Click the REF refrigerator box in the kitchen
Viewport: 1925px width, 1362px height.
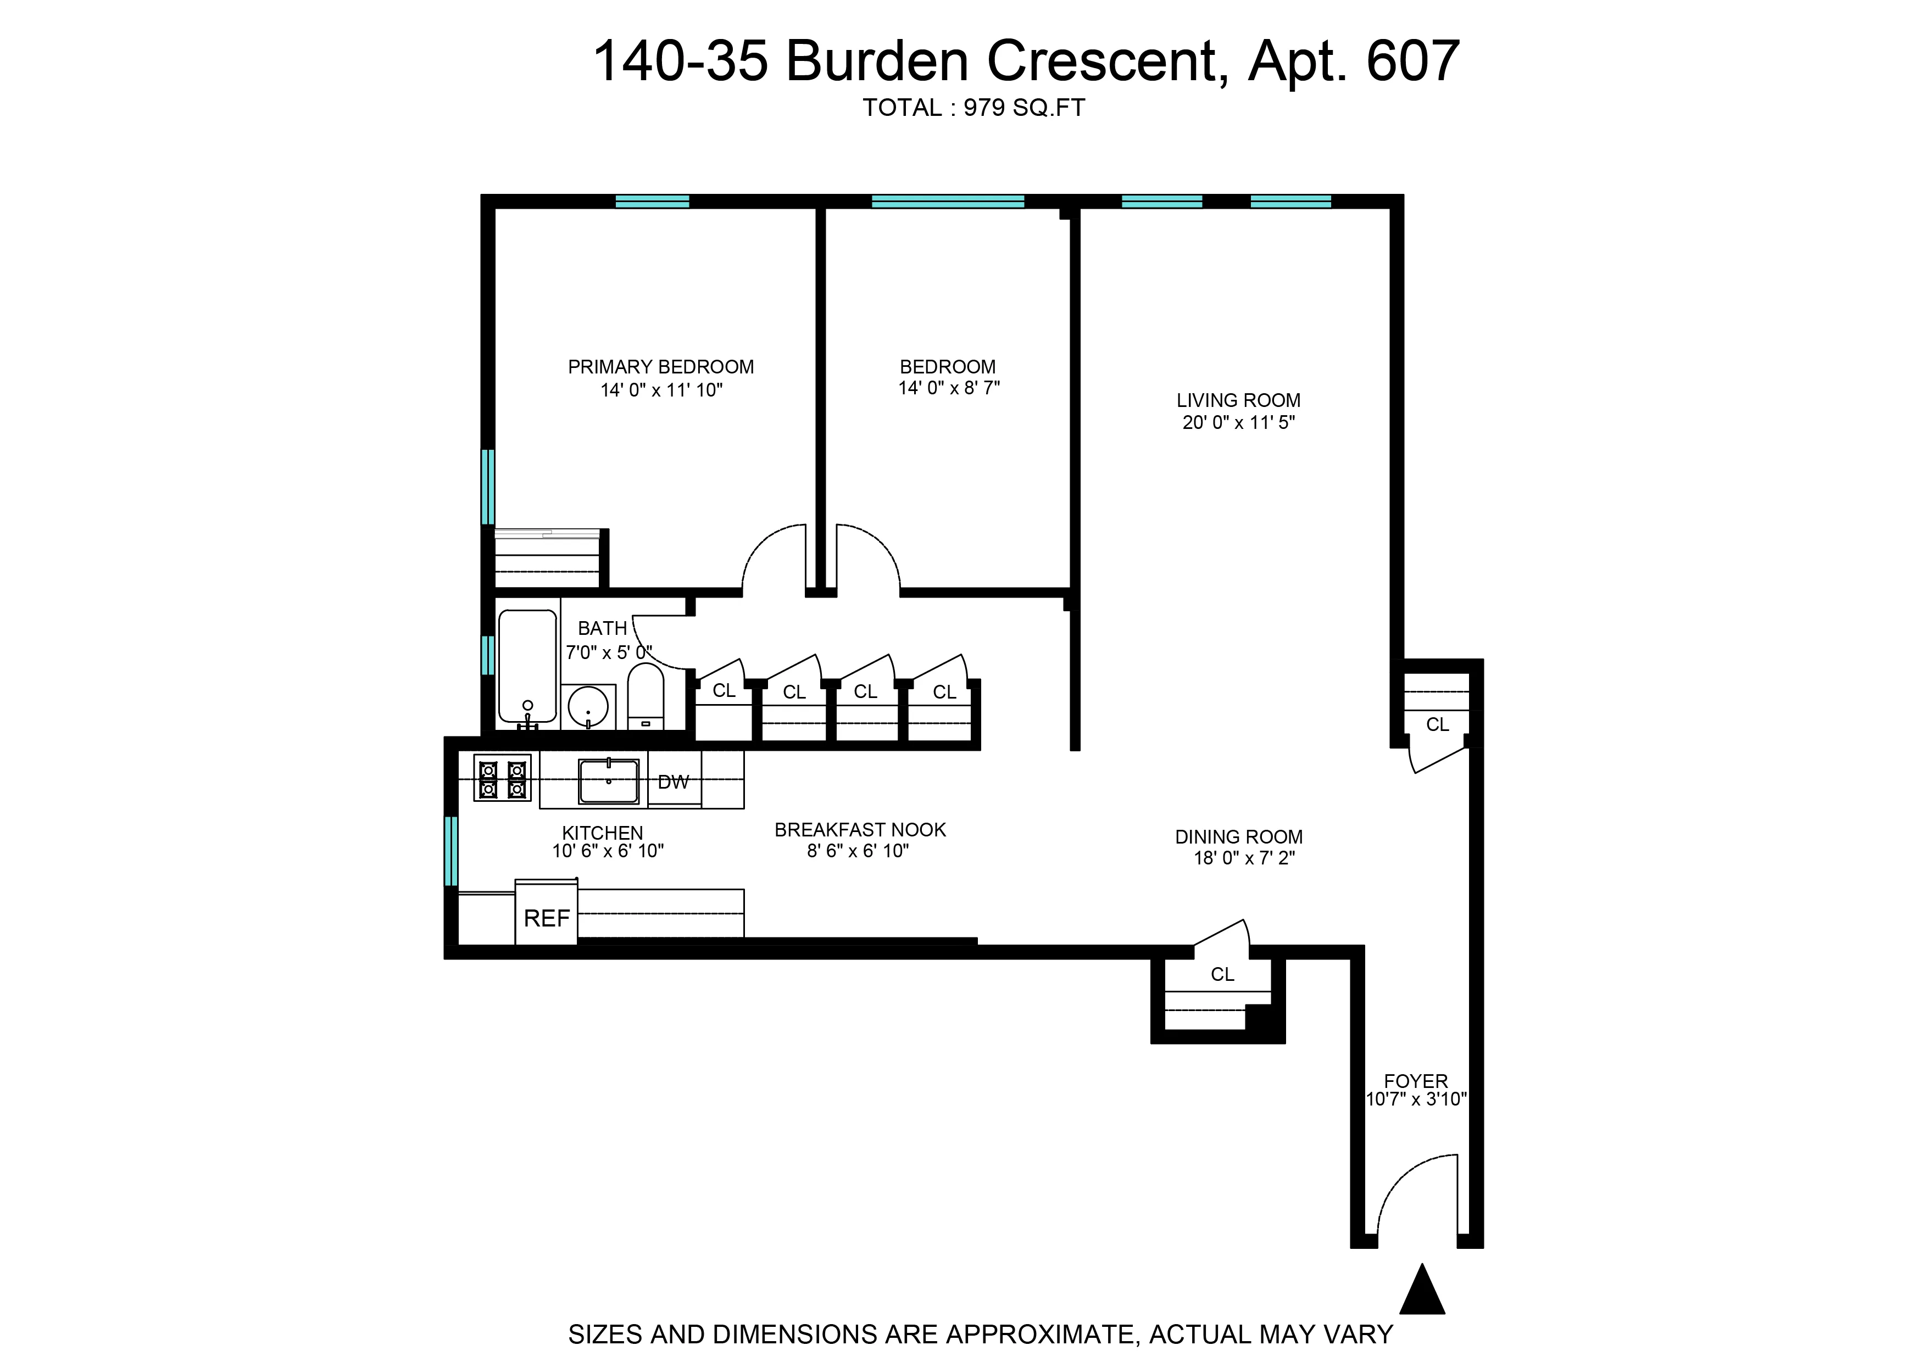click(546, 918)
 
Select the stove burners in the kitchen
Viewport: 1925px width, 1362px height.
click(502, 778)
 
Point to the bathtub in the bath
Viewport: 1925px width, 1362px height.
click(527, 667)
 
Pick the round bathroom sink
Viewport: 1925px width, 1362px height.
click(587, 707)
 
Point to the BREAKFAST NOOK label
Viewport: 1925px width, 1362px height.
click(860, 829)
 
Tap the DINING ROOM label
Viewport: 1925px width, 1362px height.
click(1238, 836)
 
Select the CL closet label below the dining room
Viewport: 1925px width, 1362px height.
click(1222, 974)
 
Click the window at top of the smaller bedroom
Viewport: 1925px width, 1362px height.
click(947, 202)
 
